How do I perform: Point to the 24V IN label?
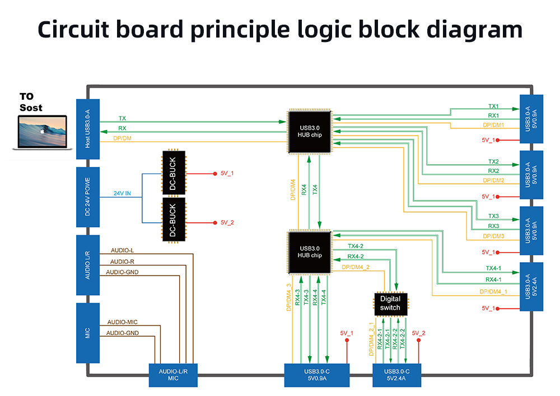(122, 194)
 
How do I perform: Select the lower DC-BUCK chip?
(173, 220)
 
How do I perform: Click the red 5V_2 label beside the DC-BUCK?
(227, 223)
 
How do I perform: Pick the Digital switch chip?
(390, 304)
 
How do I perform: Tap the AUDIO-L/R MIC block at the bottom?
(173, 375)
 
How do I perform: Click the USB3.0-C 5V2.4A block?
(397, 375)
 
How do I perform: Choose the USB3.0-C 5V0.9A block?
(316, 375)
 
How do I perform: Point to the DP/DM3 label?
(493, 236)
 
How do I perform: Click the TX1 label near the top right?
(493, 106)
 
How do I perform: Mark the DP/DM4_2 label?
(355, 267)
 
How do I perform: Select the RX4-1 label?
(493, 279)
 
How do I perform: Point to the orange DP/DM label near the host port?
(123, 138)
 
